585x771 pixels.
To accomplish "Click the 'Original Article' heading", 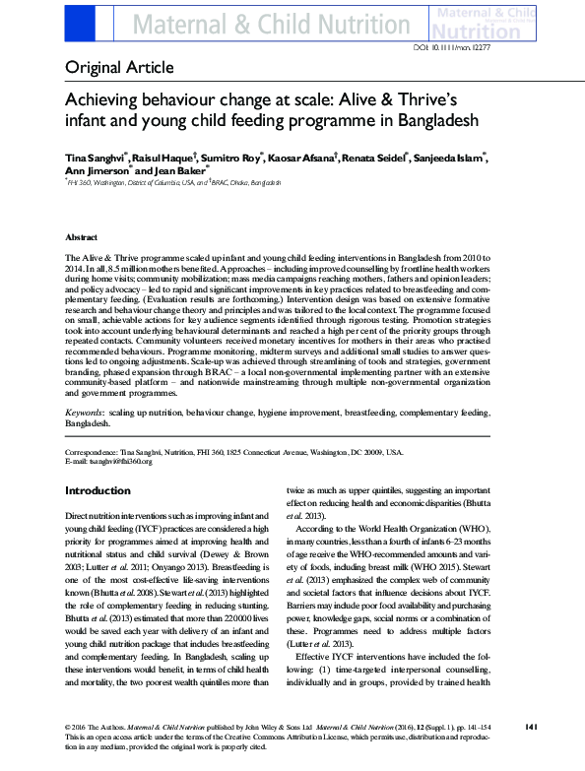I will [119, 68].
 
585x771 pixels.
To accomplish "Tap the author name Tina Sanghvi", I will [93, 158].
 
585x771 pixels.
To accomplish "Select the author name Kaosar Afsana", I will [302, 158].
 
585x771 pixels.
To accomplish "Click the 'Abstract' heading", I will [81, 238].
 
